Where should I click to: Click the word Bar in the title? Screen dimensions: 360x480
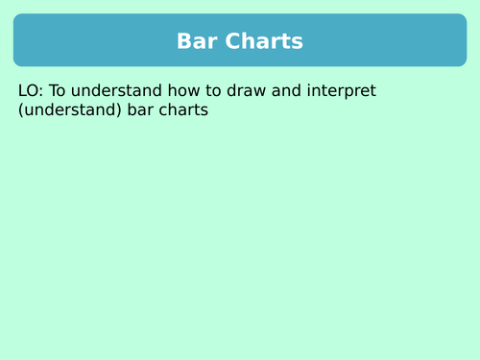pyautogui.click(x=197, y=41)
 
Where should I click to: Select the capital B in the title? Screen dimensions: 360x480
pyautogui.click(x=184, y=41)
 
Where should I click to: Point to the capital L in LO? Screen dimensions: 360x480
pyautogui.click(x=22, y=91)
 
